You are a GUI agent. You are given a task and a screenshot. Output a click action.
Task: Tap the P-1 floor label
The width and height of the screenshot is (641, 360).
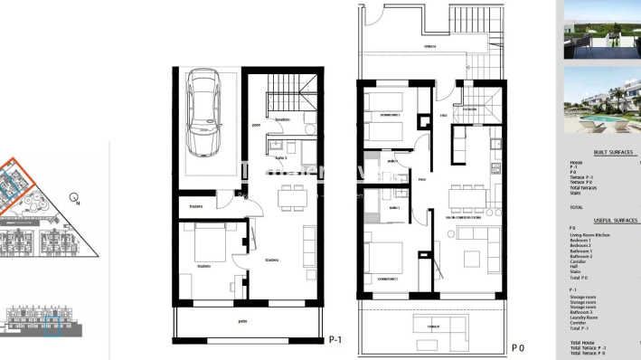tap(335, 339)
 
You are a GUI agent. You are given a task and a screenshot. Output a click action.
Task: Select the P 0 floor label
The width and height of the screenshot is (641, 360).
tap(518, 347)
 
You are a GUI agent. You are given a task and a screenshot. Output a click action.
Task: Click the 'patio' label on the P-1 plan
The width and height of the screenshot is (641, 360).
tap(242, 320)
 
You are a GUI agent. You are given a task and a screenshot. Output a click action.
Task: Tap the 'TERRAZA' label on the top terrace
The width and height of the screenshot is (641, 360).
tap(429, 46)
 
